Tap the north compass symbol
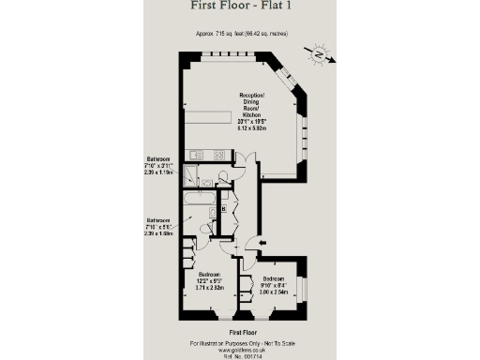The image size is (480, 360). coord(321,55)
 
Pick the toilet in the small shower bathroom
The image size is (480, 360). coord(223,177)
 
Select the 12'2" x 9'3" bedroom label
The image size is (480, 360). coord(208,284)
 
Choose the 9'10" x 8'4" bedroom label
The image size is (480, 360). coord(274,287)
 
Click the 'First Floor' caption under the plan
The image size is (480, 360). coord(240,332)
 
